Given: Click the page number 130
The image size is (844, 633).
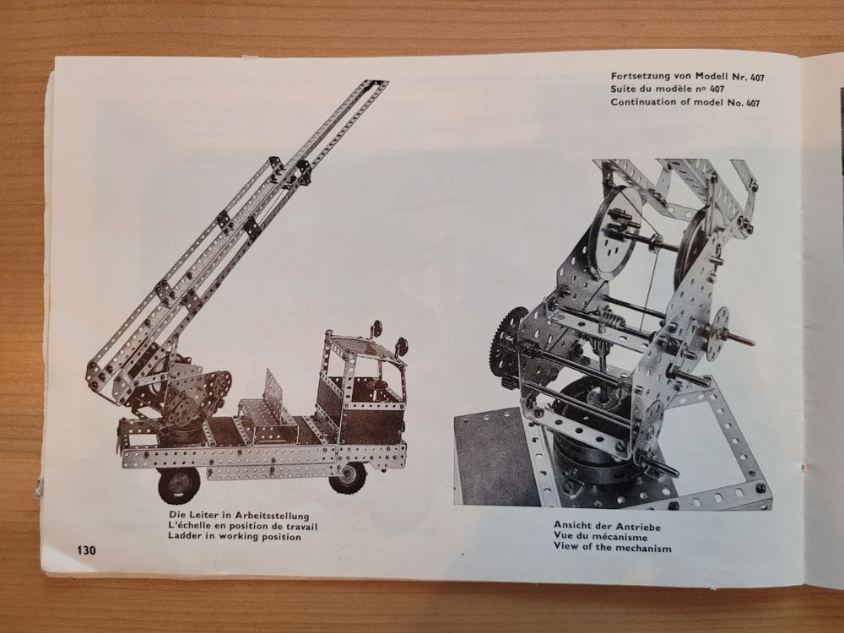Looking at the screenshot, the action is (x=87, y=550).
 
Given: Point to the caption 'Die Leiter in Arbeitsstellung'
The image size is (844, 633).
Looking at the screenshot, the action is (x=239, y=516).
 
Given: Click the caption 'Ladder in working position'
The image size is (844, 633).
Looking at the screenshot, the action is (x=235, y=536).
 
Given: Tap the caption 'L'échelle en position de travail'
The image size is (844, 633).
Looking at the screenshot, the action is (x=243, y=526).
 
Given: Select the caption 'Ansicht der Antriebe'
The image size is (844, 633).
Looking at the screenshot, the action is (x=607, y=527).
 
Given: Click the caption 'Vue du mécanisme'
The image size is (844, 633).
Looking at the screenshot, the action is (x=600, y=537).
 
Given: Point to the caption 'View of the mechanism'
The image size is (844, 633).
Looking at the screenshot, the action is (x=613, y=548).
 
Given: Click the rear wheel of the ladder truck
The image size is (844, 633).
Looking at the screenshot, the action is (x=177, y=484).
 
